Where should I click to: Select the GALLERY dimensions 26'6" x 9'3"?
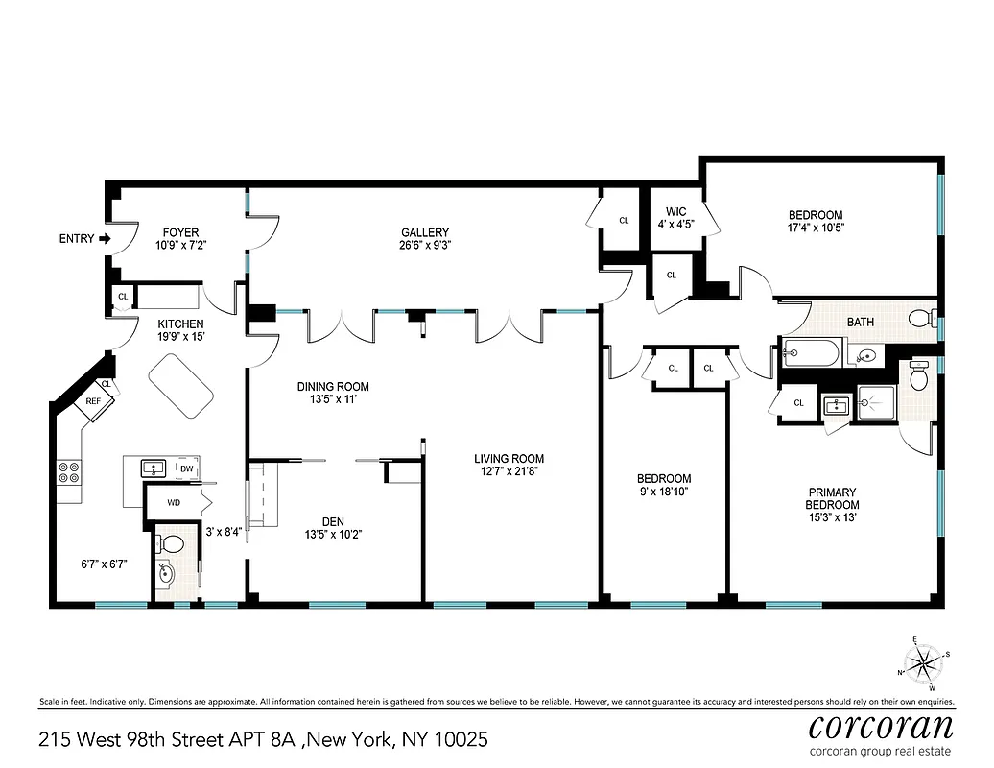pyautogui.click(x=425, y=246)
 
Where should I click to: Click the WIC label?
pyautogui.click(x=675, y=212)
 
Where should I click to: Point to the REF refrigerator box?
pyautogui.click(x=94, y=402)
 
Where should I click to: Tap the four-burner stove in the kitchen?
pyautogui.click(x=70, y=471)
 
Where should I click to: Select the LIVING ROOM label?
pyautogui.click(x=509, y=459)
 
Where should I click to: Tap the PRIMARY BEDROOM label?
pyautogui.click(x=832, y=498)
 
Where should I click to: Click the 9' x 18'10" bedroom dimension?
pyautogui.click(x=664, y=492)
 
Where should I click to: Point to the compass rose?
pyautogui.click(x=924, y=661)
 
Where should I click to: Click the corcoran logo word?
pyautogui.click(x=881, y=726)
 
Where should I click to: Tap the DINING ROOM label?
pyautogui.click(x=332, y=387)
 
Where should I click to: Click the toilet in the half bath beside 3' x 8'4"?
pyautogui.click(x=172, y=543)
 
